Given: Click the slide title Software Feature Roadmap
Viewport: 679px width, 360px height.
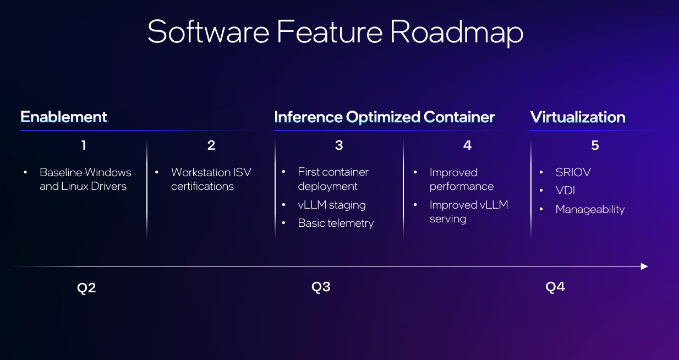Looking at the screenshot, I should tap(335, 31).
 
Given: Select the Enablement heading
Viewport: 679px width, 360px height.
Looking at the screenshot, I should tap(64, 117).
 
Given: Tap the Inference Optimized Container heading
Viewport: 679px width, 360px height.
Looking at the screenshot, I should tap(384, 117).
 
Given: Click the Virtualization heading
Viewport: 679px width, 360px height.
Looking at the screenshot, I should tap(578, 117).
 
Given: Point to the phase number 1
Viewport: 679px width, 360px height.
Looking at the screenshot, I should tap(84, 145).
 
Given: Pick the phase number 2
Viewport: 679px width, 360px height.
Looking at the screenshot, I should tap(211, 145).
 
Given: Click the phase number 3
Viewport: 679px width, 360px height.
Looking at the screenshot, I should tap(339, 145).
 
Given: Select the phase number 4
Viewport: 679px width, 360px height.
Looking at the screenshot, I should tap(467, 145).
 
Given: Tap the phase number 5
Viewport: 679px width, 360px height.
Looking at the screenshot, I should tap(595, 145).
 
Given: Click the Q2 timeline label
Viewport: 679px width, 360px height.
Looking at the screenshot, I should tap(86, 288).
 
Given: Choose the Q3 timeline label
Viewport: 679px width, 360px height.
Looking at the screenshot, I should tap(321, 287).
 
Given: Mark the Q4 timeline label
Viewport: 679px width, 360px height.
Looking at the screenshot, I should tap(555, 287).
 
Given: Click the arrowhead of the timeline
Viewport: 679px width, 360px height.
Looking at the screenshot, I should tap(644, 266).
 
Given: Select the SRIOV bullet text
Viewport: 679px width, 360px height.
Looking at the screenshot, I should tap(573, 172).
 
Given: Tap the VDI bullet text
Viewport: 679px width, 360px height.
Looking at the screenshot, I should tap(565, 190).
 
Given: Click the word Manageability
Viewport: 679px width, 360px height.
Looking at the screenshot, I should tap(590, 209).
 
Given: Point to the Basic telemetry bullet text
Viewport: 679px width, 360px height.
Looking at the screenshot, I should tap(336, 223).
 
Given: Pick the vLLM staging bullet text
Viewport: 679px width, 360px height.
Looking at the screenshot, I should tap(332, 205).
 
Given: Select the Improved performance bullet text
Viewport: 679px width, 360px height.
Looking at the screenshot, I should tap(461, 179).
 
